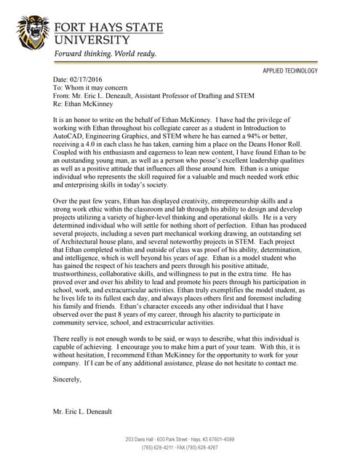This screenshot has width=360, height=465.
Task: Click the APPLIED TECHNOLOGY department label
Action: tap(290, 71)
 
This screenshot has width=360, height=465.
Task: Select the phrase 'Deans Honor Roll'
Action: tap(275, 143)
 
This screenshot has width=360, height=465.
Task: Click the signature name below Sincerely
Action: tap(83, 412)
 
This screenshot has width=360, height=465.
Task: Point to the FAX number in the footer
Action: tap(199, 448)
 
